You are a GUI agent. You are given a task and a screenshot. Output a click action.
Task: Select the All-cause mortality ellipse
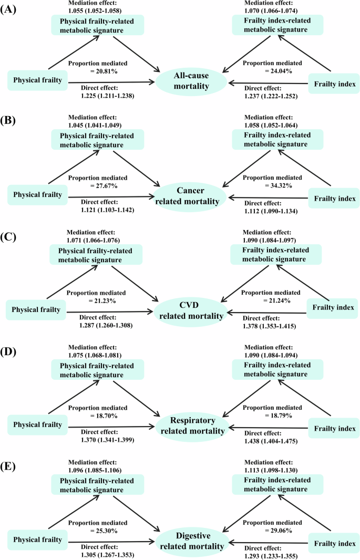[x=191, y=82]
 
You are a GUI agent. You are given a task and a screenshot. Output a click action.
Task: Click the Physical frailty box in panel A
[x=35, y=80]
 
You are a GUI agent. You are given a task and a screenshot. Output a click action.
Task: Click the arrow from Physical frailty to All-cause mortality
[x=108, y=82]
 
